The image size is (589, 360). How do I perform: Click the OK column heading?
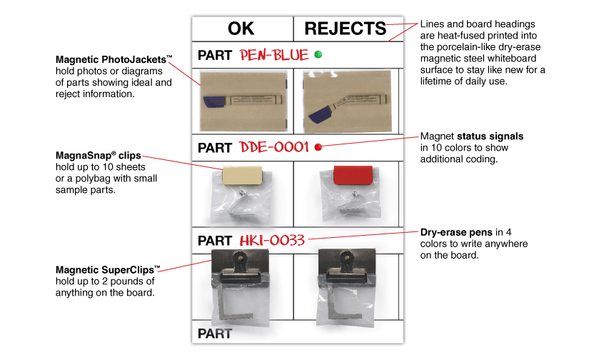coord(241,29)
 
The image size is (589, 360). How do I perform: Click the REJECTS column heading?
coord(346,29)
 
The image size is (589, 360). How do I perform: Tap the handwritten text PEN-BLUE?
coord(274,55)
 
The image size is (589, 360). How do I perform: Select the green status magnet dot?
coord(318,54)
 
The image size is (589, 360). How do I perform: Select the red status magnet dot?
coord(318,148)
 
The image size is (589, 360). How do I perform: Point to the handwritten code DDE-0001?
coord(274,148)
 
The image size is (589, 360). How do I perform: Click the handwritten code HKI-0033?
coord(273,241)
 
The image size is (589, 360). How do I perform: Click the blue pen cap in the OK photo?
coord(214,101)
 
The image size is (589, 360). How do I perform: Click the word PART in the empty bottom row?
coord(215,333)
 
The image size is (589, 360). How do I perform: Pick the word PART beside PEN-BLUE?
coord(215,56)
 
